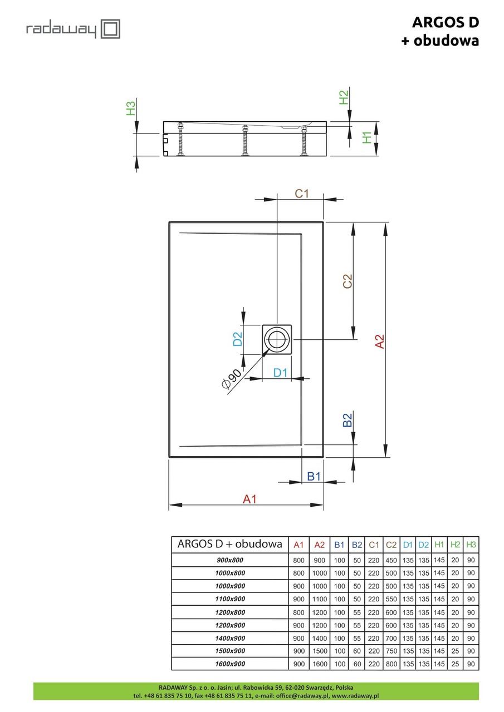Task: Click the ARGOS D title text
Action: coord(445,22)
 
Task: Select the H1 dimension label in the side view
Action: coord(367,137)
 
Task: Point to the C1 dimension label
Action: coord(301,194)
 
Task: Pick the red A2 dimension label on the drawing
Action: coord(379,342)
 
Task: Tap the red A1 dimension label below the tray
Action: coord(249,499)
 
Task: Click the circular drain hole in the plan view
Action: coord(277,339)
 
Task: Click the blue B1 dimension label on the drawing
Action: coord(314,476)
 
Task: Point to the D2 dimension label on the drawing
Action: coord(237,339)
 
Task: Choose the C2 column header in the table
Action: coord(391,545)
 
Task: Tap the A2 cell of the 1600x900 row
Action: coord(320,664)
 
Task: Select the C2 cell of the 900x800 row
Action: coord(391,561)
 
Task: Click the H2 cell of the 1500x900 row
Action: coord(455,651)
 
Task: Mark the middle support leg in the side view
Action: coord(244,141)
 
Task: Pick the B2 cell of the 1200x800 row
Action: coord(357,612)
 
